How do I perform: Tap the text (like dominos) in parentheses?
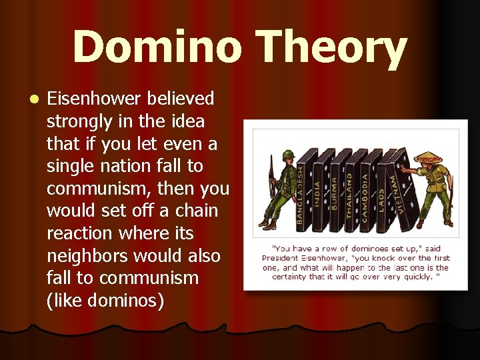coord(105,301)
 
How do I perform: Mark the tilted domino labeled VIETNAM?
coord(401,183)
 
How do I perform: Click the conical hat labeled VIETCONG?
coord(429,158)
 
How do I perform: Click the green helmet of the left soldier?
coord(288,155)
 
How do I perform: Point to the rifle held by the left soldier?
coord(270,177)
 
